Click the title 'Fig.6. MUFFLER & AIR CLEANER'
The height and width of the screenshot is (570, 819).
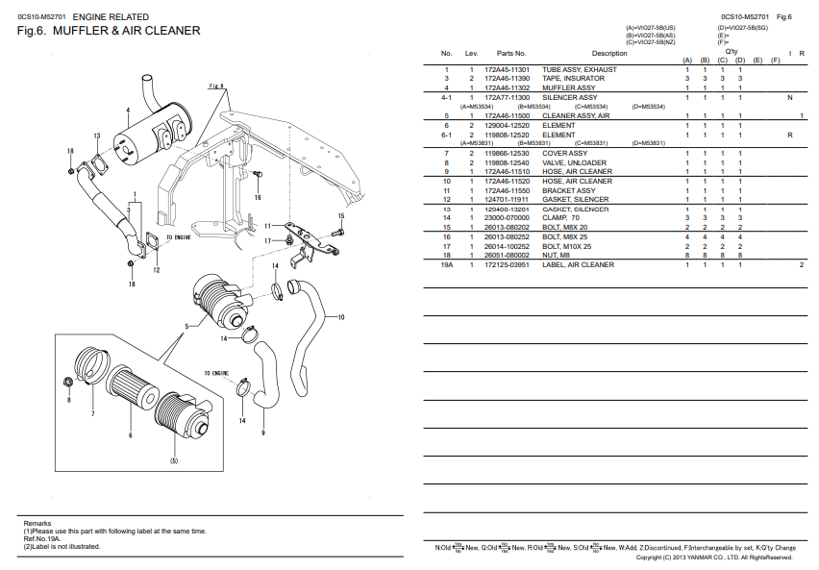pyautogui.click(x=109, y=32)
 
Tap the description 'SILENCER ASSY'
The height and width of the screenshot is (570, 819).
pyautogui.click(x=569, y=97)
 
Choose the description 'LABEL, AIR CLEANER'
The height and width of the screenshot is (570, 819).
pyautogui.click(x=578, y=264)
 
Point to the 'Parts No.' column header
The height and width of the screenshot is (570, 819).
pyautogui.click(x=510, y=54)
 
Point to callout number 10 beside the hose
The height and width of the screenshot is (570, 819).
pyautogui.click(x=341, y=317)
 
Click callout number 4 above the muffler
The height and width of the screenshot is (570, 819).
pyautogui.click(x=127, y=111)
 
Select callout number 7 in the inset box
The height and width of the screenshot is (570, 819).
pyautogui.click(x=92, y=414)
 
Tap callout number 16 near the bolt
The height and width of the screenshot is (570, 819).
pyautogui.click(x=257, y=197)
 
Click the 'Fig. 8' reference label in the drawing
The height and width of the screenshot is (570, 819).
pyautogui.click(x=216, y=87)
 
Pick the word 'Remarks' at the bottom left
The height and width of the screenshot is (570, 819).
pyautogui.click(x=37, y=523)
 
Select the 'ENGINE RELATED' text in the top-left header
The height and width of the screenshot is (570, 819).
pyautogui.click(x=111, y=16)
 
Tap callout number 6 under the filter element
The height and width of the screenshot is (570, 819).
pyautogui.click(x=130, y=435)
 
